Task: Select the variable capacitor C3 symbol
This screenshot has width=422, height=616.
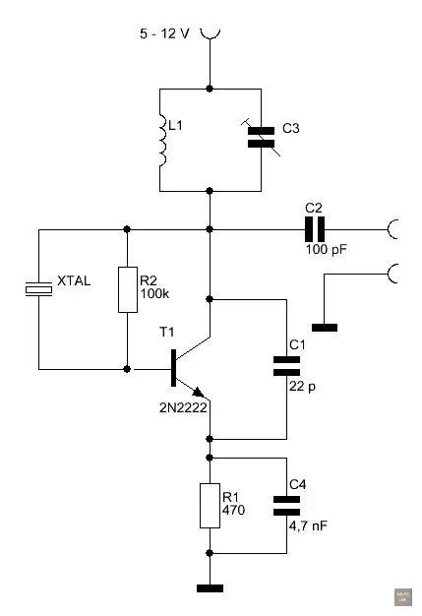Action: tap(260, 136)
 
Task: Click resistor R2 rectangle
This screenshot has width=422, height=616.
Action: tap(127, 288)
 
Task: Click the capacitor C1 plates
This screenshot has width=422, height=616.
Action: tap(286, 366)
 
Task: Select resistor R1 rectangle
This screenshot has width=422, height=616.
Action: tap(209, 505)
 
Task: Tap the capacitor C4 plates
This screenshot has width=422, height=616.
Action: tap(286, 505)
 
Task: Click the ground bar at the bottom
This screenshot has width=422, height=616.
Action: tap(209, 588)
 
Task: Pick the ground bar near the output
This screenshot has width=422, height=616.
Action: tap(324, 326)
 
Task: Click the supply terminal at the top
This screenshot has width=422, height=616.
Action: tap(210, 35)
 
